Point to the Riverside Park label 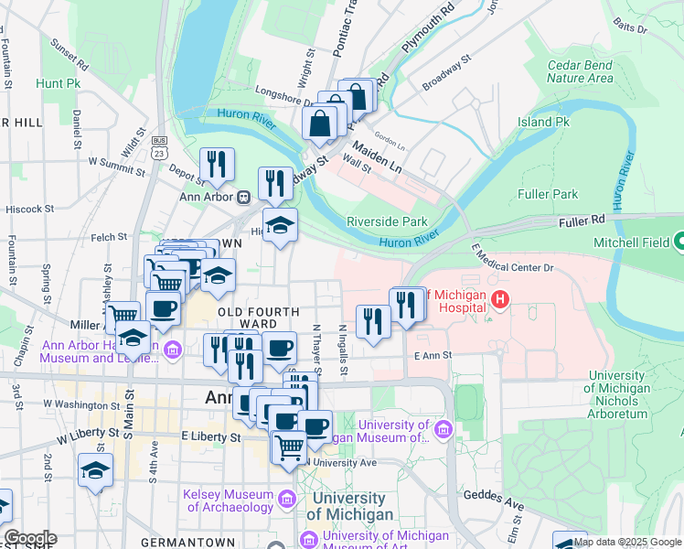[x=387, y=221]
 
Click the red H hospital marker [x=499, y=298]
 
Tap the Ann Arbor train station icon [x=243, y=197]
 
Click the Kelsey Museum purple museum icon [x=287, y=500]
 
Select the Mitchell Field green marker [x=679, y=243]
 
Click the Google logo [x=29, y=538]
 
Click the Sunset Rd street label [x=69, y=55]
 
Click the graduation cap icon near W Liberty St [x=95, y=470]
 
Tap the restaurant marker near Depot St [x=217, y=165]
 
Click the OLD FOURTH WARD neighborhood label [x=257, y=318]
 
